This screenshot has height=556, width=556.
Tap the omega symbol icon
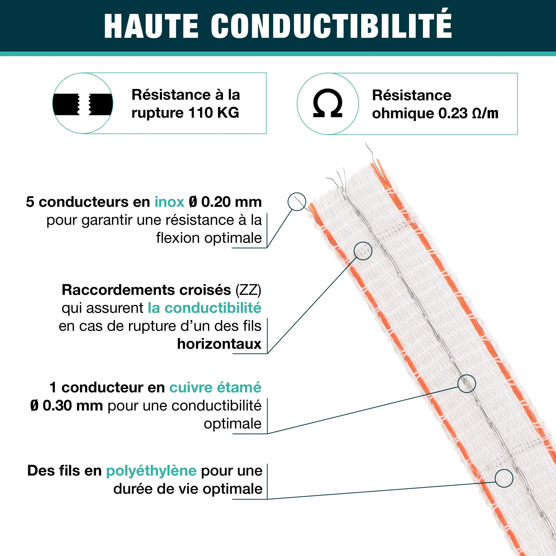[x=328, y=103]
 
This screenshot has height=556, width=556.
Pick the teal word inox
[x=169, y=202]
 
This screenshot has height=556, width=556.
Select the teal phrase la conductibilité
[x=204, y=308]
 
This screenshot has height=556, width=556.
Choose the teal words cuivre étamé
[x=215, y=388]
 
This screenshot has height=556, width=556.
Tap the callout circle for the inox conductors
[x=297, y=202]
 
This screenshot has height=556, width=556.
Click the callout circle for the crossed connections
[x=363, y=251]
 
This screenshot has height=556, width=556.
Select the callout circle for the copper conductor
[x=467, y=384]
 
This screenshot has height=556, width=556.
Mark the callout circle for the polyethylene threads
[x=504, y=478]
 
